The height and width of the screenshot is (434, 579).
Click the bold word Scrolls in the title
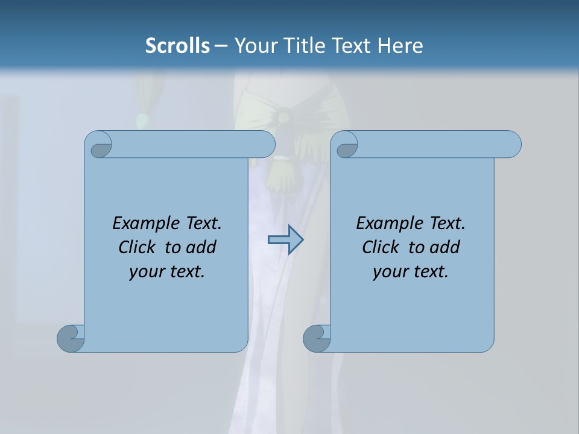[x=177, y=46]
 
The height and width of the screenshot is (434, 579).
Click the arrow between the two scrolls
[x=285, y=240]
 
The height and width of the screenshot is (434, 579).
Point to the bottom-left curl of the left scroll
[x=71, y=338]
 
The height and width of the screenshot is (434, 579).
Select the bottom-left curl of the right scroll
[x=317, y=338]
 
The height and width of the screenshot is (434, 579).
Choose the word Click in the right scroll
[x=380, y=247]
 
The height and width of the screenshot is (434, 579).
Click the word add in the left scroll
[x=201, y=247]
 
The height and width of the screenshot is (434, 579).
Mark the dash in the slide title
[x=221, y=46]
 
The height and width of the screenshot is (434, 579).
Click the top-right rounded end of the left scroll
[x=264, y=144]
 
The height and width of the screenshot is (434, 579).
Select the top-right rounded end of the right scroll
[x=510, y=144]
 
